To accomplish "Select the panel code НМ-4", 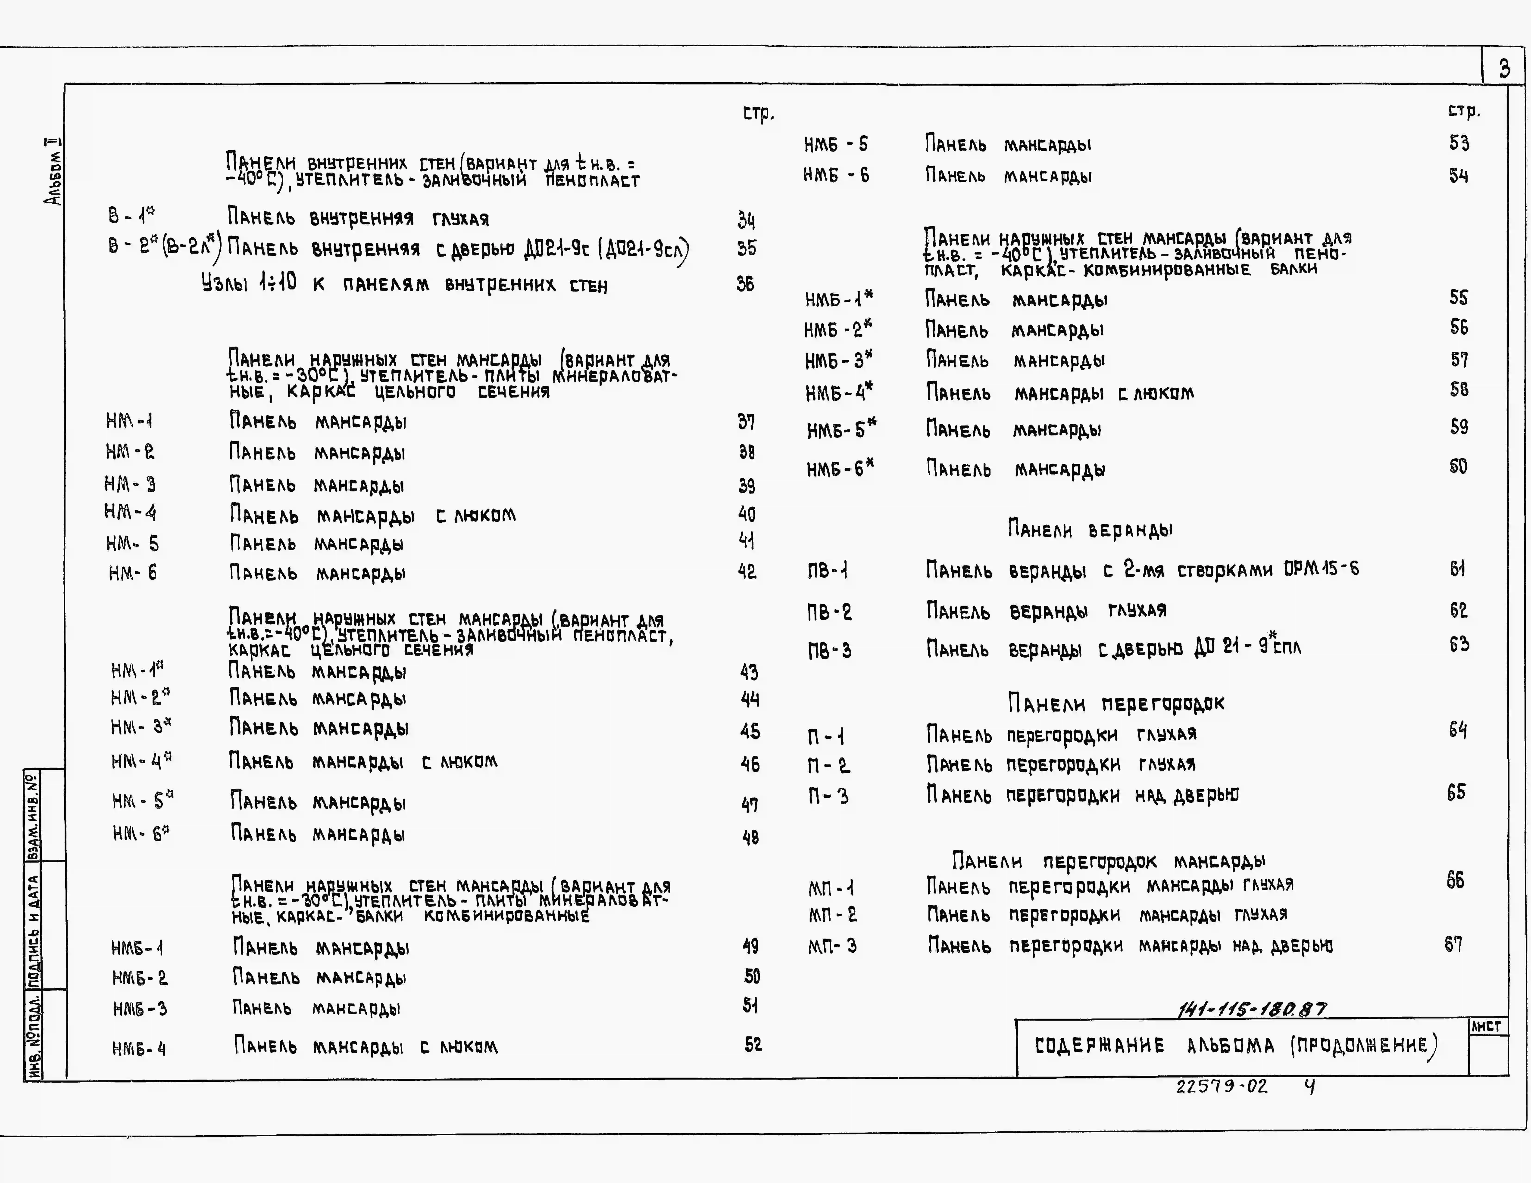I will tap(130, 513).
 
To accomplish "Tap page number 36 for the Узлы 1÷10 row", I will tap(745, 284).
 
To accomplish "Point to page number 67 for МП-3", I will tap(1453, 945).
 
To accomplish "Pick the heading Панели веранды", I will tap(1090, 530).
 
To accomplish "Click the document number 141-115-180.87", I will tap(1251, 1009).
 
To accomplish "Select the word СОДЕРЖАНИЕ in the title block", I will tap(1099, 1046).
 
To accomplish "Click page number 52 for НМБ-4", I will tap(753, 1045).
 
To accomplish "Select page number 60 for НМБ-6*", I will tap(1458, 467).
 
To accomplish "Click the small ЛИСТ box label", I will tap(1486, 1027).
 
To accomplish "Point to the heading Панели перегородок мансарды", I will tap(1108, 861).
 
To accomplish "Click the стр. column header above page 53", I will tap(1464, 111).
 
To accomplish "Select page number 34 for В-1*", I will tap(746, 221).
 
